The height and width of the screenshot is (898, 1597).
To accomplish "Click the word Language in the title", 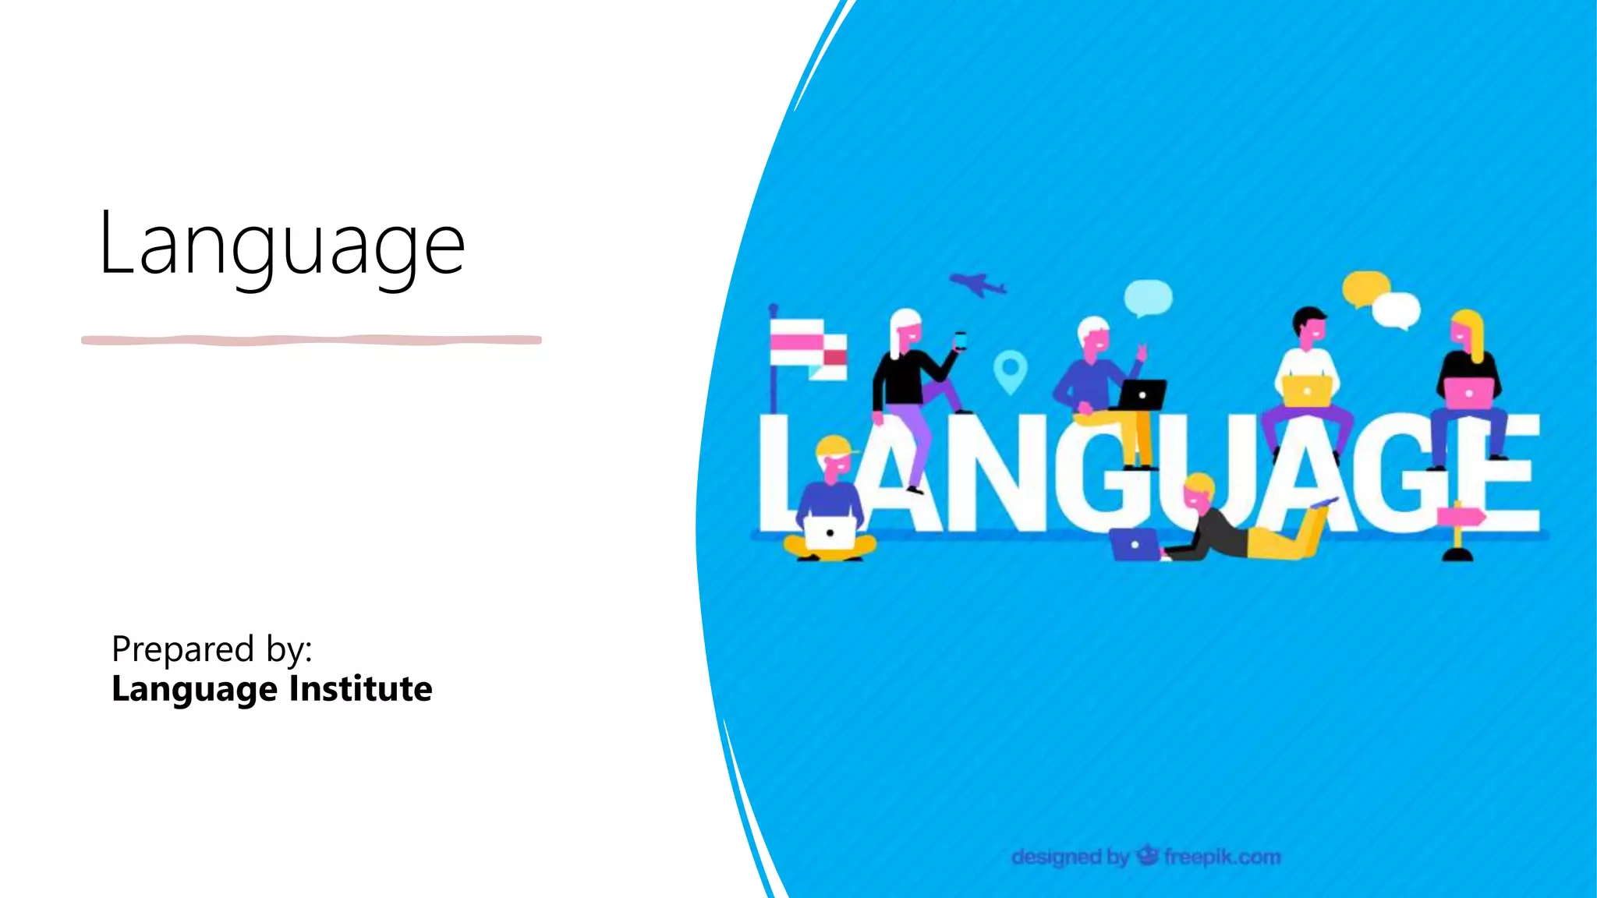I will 282,245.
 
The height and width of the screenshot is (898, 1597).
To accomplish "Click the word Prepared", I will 183,649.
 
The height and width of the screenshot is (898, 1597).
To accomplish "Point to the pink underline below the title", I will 311,340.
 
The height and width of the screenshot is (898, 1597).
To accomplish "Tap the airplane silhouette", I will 977,284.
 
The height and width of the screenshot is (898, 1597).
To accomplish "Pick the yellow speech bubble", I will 1365,288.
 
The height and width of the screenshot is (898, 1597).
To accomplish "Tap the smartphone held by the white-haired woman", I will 960,341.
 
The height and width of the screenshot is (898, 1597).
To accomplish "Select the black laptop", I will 1142,395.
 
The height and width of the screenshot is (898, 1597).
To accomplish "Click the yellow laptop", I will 1306,391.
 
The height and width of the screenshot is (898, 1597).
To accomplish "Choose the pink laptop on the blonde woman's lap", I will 1468,392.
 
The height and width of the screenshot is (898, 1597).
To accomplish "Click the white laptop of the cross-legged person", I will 830,532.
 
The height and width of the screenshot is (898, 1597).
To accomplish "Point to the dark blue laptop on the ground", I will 1134,544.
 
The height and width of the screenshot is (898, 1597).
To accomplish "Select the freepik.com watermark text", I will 1222,857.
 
